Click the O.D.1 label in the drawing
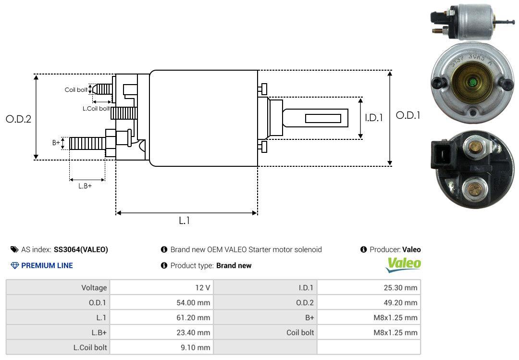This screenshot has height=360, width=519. (408, 115)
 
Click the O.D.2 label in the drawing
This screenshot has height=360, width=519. (18, 119)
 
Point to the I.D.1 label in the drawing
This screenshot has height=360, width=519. (373, 117)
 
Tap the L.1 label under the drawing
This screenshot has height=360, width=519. (185, 221)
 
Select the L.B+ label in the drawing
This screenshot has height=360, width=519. (85, 186)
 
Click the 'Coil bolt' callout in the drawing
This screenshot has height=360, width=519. (76, 90)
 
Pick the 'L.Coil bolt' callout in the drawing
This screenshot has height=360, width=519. (96, 109)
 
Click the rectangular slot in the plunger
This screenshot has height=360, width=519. (323, 118)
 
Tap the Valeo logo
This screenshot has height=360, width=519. (404, 264)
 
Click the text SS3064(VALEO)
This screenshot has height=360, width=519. (81, 249)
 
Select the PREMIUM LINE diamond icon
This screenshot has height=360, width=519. (14, 265)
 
